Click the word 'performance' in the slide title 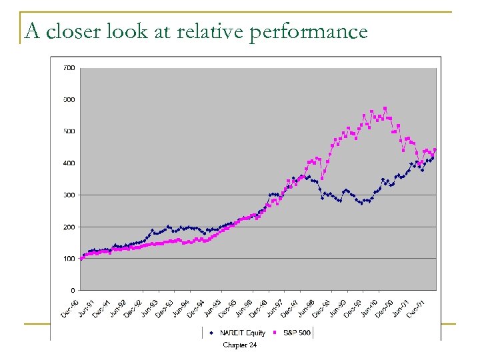pyautogui.click(x=309, y=31)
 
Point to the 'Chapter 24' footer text pyautogui.click(x=239, y=345)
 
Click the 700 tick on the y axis pyautogui.click(x=69, y=68)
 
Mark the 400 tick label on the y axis pyautogui.click(x=69, y=163)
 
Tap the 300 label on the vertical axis pyautogui.click(x=69, y=195)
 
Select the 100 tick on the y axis pyautogui.click(x=69, y=259)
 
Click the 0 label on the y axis pyautogui.click(x=72, y=291)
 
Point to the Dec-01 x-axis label pyautogui.click(x=417, y=307)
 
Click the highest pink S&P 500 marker pyautogui.click(x=385, y=108)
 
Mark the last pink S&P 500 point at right pyautogui.click(x=435, y=150)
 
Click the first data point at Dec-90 pyautogui.click(x=81, y=258)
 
